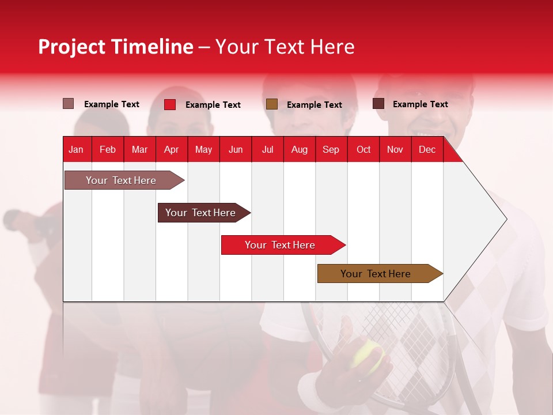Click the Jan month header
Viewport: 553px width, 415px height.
pyautogui.click(x=76, y=149)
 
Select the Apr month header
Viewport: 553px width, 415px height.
pyautogui.click(x=171, y=149)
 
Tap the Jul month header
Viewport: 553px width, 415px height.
pyautogui.click(x=267, y=149)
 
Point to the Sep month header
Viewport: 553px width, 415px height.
pyautogui.click(x=331, y=149)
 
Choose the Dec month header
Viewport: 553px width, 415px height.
pyautogui.click(x=427, y=149)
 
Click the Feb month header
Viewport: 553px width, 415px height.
pyautogui.click(x=108, y=149)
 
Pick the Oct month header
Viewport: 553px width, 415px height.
pyautogui.click(x=363, y=149)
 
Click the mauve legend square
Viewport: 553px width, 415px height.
pyautogui.click(x=69, y=104)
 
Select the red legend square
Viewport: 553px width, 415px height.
pyautogui.click(x=170, y=104)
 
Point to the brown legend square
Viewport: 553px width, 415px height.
pyautogui.click(x=272, y=104)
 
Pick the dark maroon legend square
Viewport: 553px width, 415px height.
pyautogui.click(x=378, y=104)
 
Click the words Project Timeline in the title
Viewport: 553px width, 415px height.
pyautogui.click(x=116, y=47)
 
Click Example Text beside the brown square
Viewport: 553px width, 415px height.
pyautogui.click(x=314, y=105)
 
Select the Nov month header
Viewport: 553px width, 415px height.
pyautogui.click(x=395, y=149)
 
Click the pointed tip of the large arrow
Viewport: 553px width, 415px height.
pyautogui.click(x=505, y=219)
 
